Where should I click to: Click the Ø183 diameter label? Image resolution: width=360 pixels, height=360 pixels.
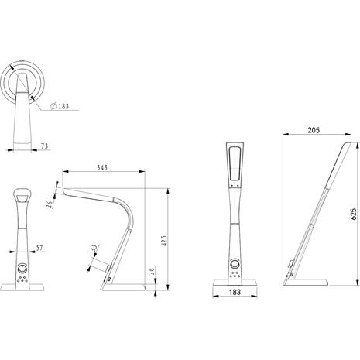tap(60, 106)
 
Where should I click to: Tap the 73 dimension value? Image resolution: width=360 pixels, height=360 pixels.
tap(44, 146)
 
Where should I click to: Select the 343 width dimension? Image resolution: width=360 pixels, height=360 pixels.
tap(102, 167)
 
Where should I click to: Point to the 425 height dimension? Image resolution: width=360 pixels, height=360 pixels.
tap(164, 241)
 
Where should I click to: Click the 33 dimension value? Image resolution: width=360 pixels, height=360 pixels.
tap(95, 248)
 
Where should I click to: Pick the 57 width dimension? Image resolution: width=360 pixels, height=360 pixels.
tap(39, 248)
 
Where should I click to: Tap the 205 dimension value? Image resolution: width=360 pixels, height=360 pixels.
tap(314, 130)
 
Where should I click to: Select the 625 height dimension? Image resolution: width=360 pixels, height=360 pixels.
tap(354, 214)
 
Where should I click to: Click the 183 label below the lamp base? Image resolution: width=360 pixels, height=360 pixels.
tap(235, 292)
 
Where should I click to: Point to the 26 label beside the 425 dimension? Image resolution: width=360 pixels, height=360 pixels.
tap(152, 271)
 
